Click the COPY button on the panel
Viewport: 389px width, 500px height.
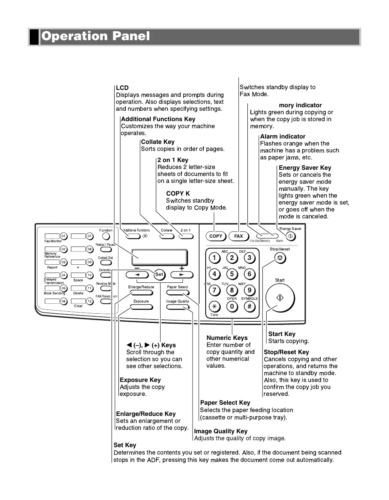pos(216,236)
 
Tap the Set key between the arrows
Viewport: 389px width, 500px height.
pos(159,274)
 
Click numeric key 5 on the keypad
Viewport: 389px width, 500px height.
pos(232,274)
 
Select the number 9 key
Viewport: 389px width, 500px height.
pos(249,290)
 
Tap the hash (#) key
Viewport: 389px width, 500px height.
pos(249,306)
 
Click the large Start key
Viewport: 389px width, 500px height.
pos(280,298)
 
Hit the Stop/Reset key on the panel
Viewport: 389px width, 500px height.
pos(280,258)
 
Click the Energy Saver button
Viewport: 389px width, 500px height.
pos(291,236)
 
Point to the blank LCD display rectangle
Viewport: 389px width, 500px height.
pos(159,257)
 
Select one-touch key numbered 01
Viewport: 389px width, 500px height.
pos(64,236)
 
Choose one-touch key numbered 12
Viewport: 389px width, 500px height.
pos(90,301)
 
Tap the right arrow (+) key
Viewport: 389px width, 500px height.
pos(181,275)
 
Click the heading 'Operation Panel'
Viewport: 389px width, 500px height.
pos(96,36)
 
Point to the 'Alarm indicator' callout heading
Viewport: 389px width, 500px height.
pos(282,137)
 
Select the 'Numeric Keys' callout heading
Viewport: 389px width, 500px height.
pos(227,338)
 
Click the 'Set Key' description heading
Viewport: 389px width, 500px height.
pos(125,445)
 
